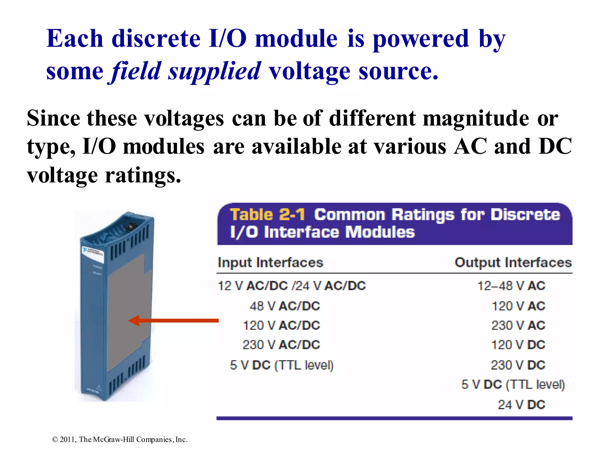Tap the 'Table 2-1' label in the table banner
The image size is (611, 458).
pyautogui.click(x=267, y=214)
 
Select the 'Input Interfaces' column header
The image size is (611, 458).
pyautogui.click(x=270, y=262)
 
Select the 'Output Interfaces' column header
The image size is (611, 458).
pyautogui.click(x=513, y=262)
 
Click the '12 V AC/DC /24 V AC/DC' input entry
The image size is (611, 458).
pyautogui.click(x=292, y=286)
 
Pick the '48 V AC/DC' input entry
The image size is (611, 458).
pyautogui.click(x=285, y=306)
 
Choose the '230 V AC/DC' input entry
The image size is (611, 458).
pyautogui.click(x=281, y=345)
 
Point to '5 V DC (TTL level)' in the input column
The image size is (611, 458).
pyautogui.click(x=282, y=365)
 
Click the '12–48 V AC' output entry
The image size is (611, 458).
pyautogui.click(x=511, y=286)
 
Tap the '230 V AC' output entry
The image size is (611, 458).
pyautogui.click(x=518, y=325)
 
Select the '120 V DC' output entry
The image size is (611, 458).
pyautogui.click(x=518, y=345)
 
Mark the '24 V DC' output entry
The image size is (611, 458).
pyautogui.click(x=521, y=405)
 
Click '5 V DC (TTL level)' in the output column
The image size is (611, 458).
pyautogui.click(x=513, y=384)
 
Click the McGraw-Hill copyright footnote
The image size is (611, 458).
pyautogui.click(x=120, y=439)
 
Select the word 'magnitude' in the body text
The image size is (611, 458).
pyautogui.click(x=476, y=118)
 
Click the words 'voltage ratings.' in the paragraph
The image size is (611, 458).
pyautogui.click(x=104, y=175)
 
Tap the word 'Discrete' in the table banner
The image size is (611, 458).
pyautogui.click(x=525, y=214)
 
